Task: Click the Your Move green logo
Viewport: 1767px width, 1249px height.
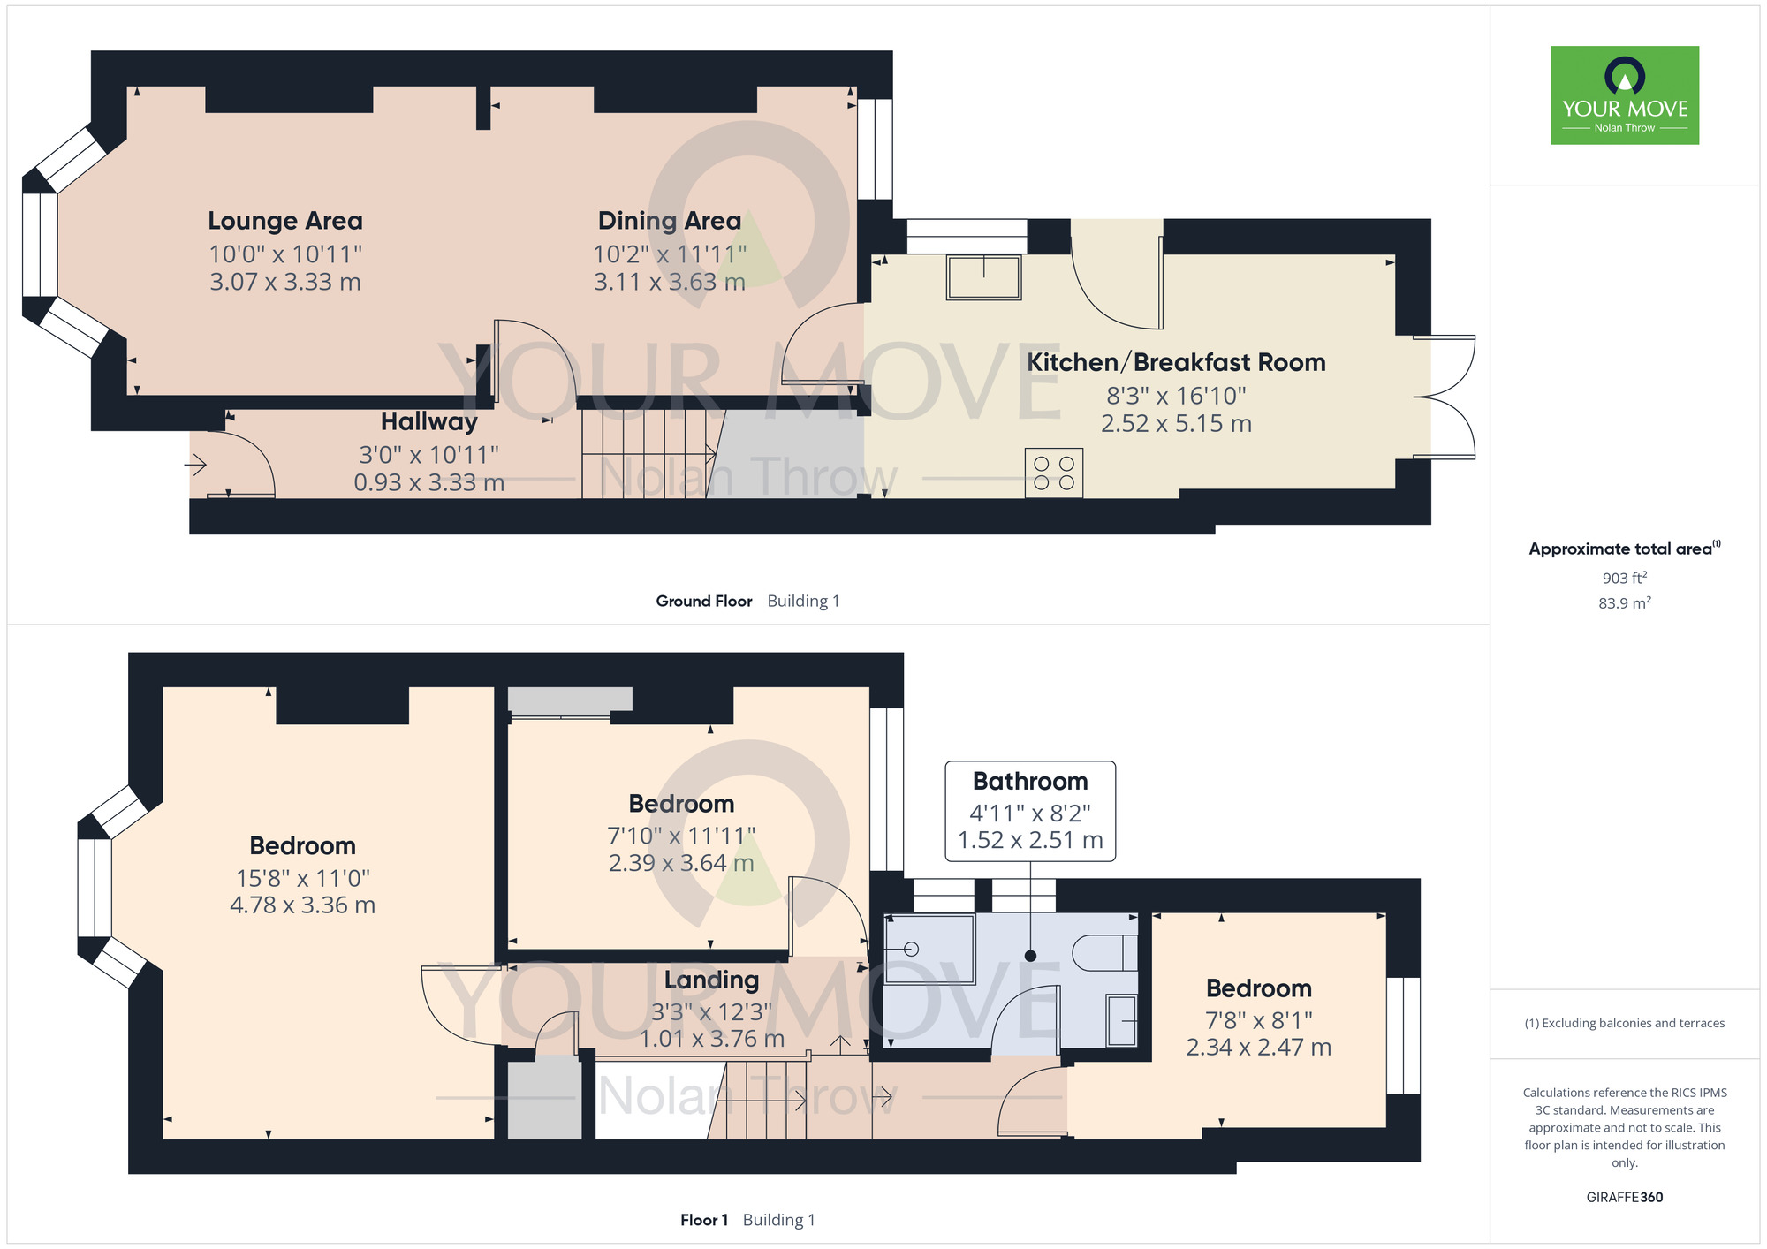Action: coord(1625,95)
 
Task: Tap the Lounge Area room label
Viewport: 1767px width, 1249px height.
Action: coord(285,221)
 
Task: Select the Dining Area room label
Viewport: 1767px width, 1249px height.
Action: coord(670,221)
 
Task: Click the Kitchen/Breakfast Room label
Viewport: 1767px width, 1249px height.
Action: coord(1176,362)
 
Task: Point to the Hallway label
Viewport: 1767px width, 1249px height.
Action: coord(429,422)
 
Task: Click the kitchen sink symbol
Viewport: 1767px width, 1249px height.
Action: coord(983,276)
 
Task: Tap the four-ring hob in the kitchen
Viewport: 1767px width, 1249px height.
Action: coord(1054,473)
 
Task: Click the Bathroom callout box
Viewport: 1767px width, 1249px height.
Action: coord(1030,811)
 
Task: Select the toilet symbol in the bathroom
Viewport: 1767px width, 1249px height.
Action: coord(1105,953)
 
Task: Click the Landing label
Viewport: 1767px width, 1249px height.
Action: coord(711,980)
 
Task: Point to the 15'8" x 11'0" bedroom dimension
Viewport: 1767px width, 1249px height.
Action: coord(303,879)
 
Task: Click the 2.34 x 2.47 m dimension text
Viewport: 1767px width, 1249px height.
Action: coord(1259,1048)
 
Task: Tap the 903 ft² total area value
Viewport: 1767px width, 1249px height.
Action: coord(1625,578)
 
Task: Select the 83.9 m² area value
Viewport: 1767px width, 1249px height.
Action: coord(1625,603)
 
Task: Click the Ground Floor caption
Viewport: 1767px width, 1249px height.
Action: coord(704,601)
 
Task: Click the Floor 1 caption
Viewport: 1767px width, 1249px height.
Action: coord(704,1220)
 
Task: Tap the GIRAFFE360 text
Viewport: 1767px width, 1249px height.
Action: coord(1625,1198)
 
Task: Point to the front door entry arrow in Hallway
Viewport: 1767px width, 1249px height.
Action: coord(195,464)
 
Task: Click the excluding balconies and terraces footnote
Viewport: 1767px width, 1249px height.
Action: coord(1625,1023)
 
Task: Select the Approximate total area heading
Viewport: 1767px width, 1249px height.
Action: coord(1625,549)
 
